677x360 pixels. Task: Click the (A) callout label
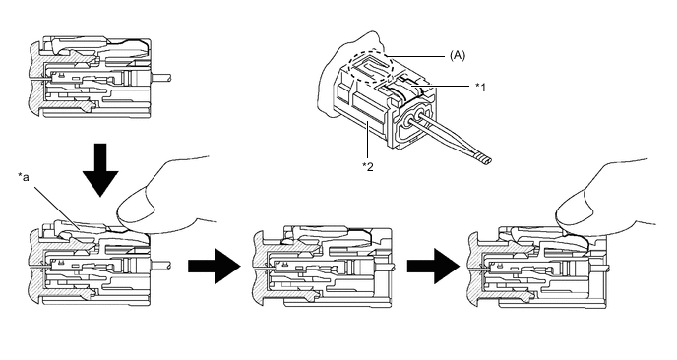[458, 55]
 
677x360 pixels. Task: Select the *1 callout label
[480, 88]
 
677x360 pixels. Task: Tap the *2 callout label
[367, 166]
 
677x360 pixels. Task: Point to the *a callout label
[24, 176]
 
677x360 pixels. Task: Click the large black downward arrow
[100, 170]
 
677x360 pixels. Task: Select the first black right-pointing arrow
[215, 267]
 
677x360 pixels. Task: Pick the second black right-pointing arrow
[433, 267]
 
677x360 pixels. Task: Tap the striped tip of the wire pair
[483, 159]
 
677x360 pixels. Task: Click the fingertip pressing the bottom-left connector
[135, 210]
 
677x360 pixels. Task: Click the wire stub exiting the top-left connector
[161, 78]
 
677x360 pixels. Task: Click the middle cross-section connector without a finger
[323, 268]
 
